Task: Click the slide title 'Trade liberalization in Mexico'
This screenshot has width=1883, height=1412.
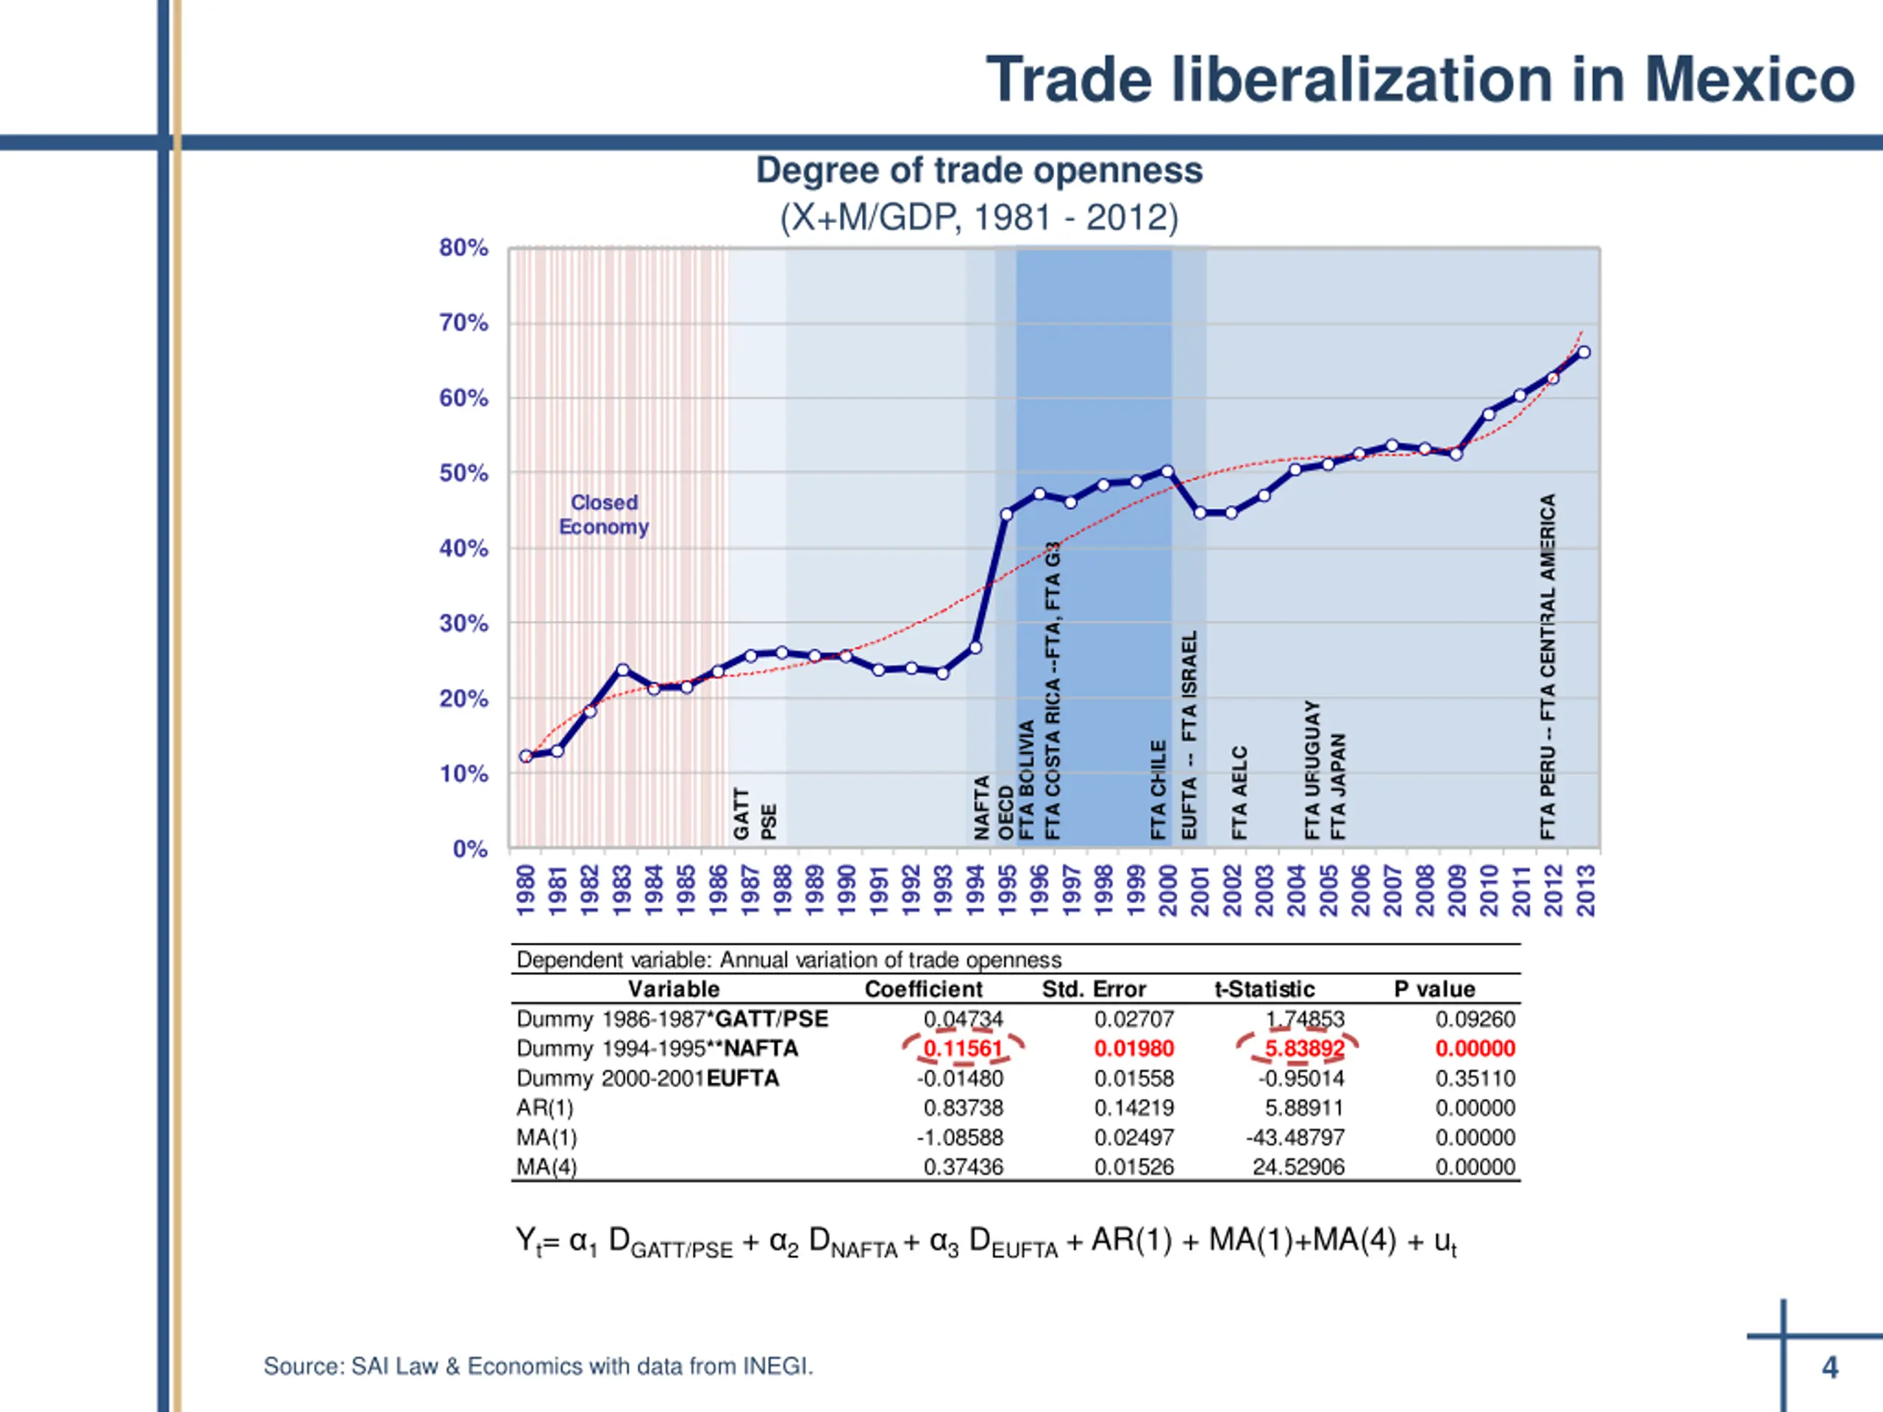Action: tap(1419, 79)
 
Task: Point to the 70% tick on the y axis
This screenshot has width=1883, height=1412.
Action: tap(463, 324)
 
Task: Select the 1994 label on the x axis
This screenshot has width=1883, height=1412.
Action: tap(975, 891)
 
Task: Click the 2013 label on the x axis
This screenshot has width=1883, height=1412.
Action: tap(1585, 891)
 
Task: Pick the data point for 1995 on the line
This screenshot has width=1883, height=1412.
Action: tap(1007, 514)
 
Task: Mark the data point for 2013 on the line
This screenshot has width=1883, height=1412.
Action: tap(1584, 352)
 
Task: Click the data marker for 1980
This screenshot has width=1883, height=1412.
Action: tap(526, 756)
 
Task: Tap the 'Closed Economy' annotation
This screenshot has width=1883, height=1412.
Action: tap(604, 515)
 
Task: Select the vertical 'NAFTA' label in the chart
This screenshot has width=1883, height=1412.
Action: tap(981, 807)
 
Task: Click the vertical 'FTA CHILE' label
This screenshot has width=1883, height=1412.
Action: tap(1158, 790)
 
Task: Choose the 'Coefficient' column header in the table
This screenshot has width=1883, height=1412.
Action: tap(923, 989)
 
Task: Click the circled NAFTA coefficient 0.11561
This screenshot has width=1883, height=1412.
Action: tap(963, 1049)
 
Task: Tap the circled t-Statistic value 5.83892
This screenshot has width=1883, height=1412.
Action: tap(1303, 1049)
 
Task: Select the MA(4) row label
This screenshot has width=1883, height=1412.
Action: tap(547, 1167)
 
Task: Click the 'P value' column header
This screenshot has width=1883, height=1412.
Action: tap(1434, 989)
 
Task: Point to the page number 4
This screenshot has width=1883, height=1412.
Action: tap(1829, 1367)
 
